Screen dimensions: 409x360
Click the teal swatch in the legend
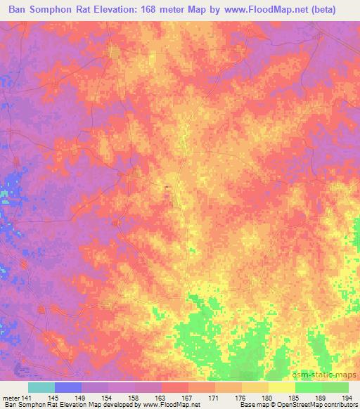(41, 387)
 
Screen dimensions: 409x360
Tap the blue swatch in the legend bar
(68, 387)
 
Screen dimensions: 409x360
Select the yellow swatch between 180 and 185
(282, 387)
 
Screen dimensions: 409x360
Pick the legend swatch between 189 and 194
(335, 387)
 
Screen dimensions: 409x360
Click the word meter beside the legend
(10, 397)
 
